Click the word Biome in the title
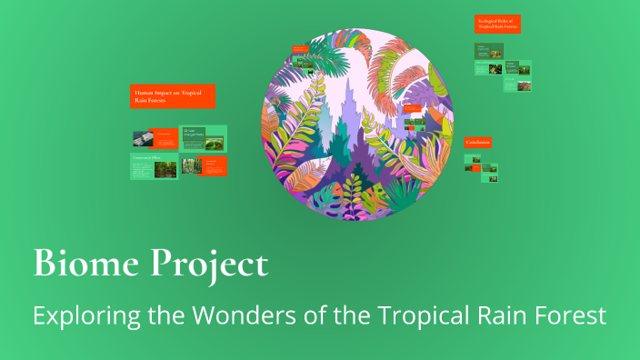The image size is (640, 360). [x=78, y=264]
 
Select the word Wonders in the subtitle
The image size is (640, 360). [x=237, y=315]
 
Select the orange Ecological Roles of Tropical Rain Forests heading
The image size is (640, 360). [x=497, y=24]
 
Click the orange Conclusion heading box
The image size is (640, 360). [x=478, y=143]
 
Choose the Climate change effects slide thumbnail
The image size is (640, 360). [x=203, y=138]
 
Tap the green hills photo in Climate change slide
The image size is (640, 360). [x=215, y=142]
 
